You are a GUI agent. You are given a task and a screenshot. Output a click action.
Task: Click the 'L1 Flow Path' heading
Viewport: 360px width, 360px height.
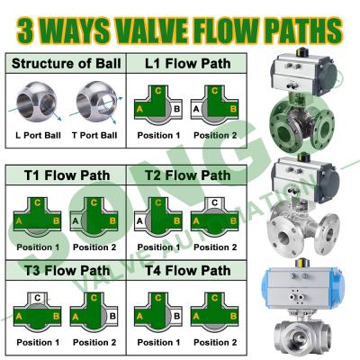[x=188, y=64]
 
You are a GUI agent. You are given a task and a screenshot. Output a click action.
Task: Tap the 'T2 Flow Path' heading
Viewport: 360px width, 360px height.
[x=188, y=175]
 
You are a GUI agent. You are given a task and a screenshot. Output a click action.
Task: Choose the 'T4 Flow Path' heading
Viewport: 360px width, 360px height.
[x=188, y=270]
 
